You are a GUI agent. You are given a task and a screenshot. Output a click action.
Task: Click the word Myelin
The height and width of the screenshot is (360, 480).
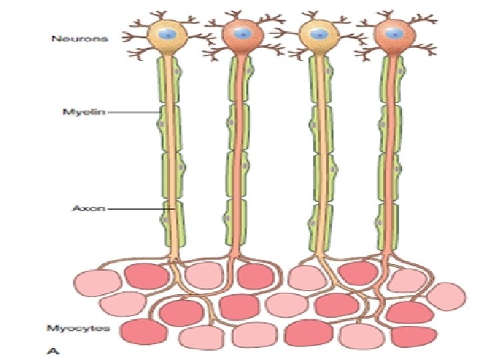(71, 113)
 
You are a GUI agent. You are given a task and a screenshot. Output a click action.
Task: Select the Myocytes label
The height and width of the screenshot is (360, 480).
(69, 327)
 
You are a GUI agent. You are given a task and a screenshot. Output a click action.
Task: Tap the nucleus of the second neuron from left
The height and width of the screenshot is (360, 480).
(243, 32)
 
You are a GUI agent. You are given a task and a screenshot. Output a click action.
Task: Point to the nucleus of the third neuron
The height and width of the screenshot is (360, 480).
(319, 32)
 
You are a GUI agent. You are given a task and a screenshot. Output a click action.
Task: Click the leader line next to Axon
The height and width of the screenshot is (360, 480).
(137, 208)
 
